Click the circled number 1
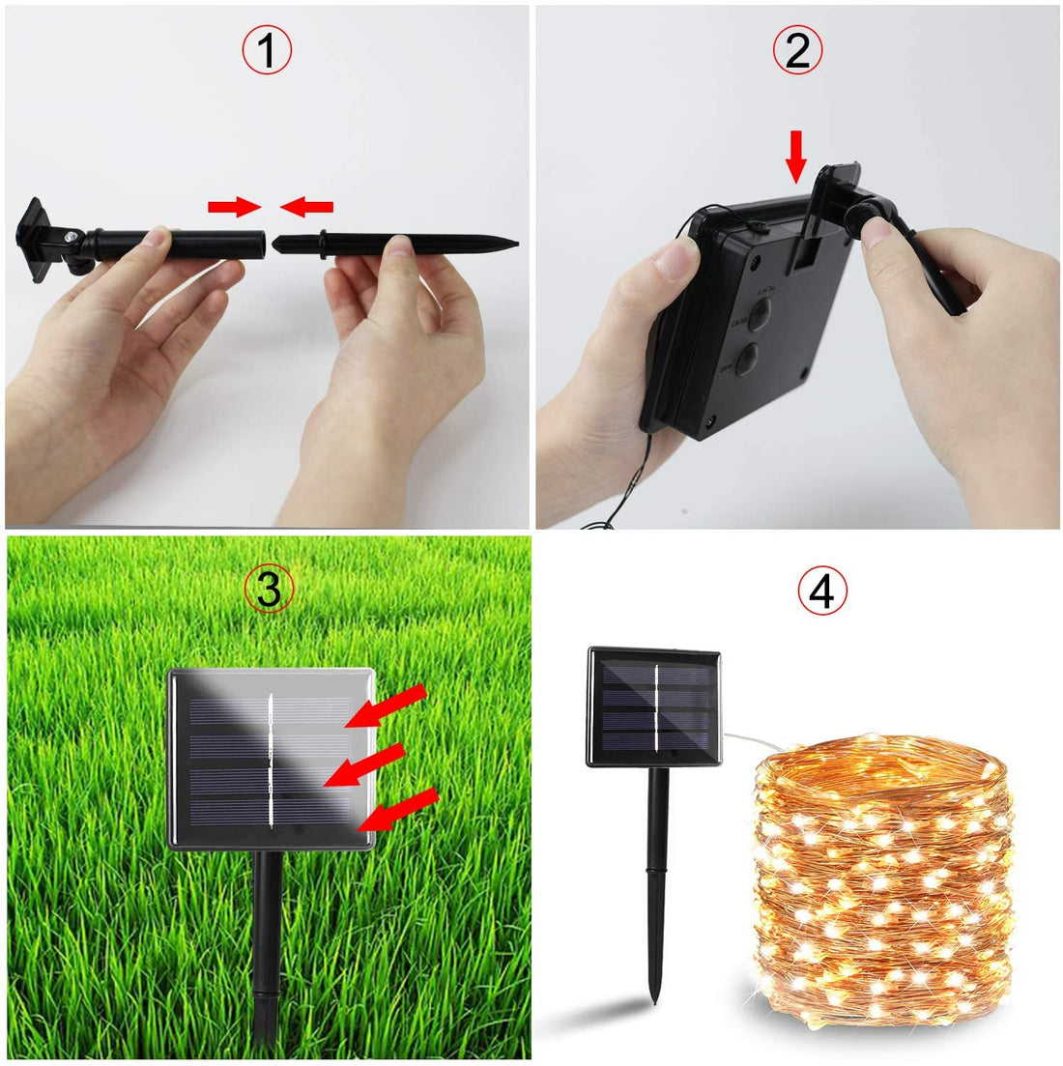coord(267,50)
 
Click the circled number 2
coord(797,50)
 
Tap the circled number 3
coord(268,589)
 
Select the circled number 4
coord(821,591)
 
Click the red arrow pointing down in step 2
coord(795,158)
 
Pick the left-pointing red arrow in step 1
coord(307,205)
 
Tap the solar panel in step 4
coord(654,707)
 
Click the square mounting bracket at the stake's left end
coord(37,238)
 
